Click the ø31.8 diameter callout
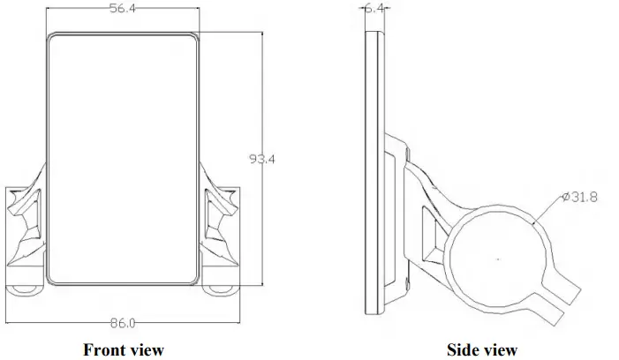[x=578, y=197]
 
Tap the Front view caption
[x=123, y=350]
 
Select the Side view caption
[x=481, y=350]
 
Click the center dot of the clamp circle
[x=498, y=259]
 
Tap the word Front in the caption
[x=104, y=350]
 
